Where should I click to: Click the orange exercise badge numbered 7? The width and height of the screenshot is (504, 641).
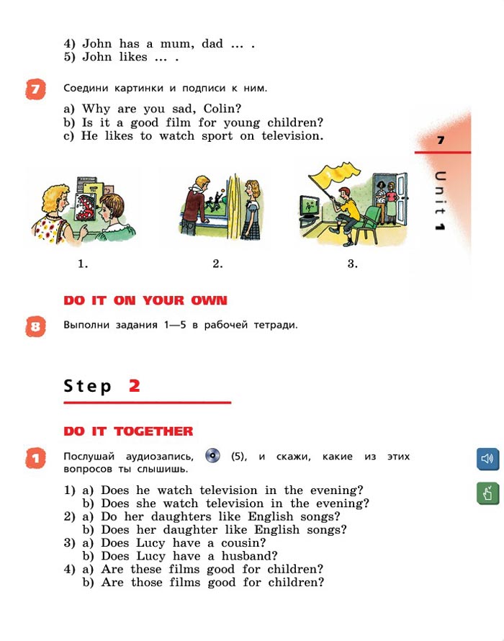(x=35, y=89)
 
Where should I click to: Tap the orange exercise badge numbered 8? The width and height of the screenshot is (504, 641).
(x=35, y=326)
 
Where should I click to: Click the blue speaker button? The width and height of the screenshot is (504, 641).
(x=487, y=459)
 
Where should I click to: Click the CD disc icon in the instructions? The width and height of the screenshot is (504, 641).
(x=212, y=455)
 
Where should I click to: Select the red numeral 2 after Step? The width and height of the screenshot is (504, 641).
(x=135, y=385)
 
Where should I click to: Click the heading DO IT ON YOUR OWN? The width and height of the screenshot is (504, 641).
(x=145, y=300)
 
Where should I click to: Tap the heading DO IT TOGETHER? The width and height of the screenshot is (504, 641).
(x=128, y=431)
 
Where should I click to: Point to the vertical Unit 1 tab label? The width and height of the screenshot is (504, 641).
(x=440, y=201)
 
